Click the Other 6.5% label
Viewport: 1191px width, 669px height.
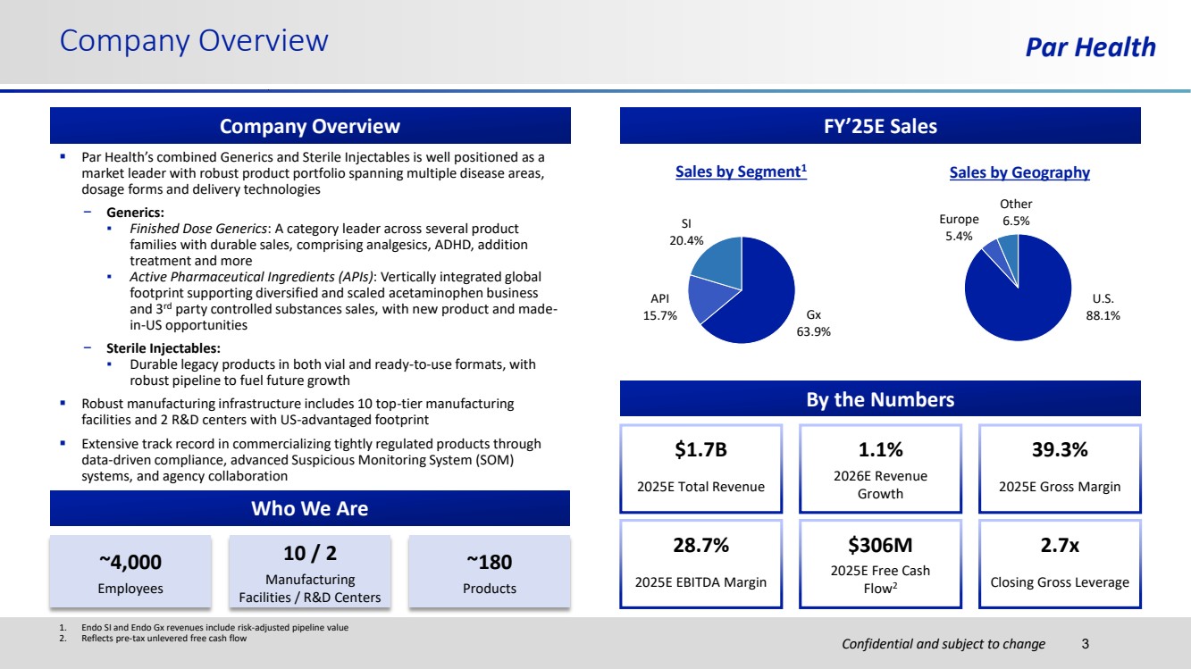pos(1016,213)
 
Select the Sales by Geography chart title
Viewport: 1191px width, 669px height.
pos(1019,172)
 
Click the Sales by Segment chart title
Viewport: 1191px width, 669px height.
pos(741,172)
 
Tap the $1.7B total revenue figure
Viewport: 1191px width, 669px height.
pos(700,450)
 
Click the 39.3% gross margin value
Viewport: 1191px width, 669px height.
pos(1060,450)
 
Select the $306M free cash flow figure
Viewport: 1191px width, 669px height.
pos(880,545)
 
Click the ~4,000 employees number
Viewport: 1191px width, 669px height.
pos(130,561)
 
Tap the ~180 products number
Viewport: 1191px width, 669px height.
pos(489,561)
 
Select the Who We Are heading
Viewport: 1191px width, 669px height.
pos(309,509)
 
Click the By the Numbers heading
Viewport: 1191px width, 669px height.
pos(880,399)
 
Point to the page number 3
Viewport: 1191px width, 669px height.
pos(1086,643)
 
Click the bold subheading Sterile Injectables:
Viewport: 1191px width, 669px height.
pos(163,348)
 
